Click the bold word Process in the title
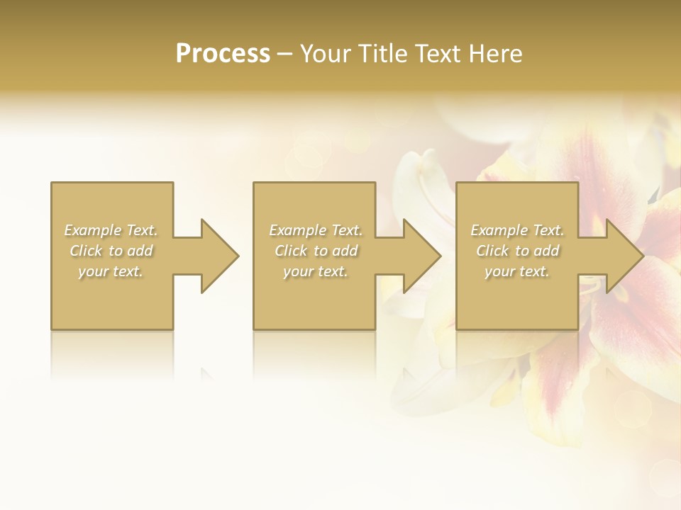[x=223, y=54]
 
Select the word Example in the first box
[x=92, y=230]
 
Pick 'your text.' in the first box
[x=111, y=271]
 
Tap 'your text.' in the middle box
[x=315, y=271]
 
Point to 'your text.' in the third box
[x=517, y=271]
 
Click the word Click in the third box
[x=492, y=251]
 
